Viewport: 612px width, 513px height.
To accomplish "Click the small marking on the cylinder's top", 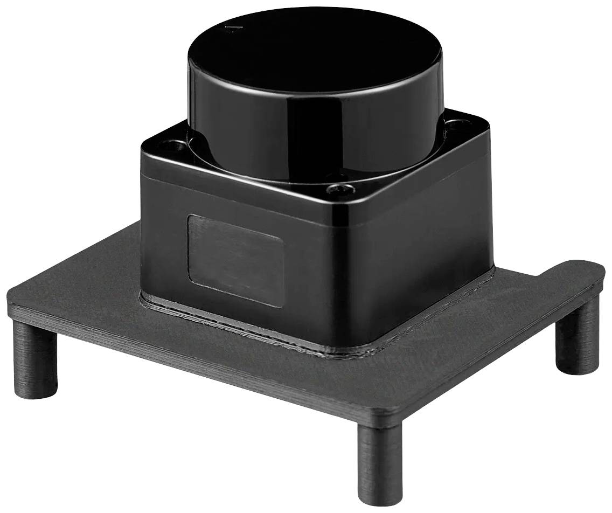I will click(232, 28).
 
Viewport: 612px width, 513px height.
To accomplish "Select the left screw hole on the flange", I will click(174, 145).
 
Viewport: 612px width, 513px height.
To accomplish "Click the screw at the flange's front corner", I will click(340, 189).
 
